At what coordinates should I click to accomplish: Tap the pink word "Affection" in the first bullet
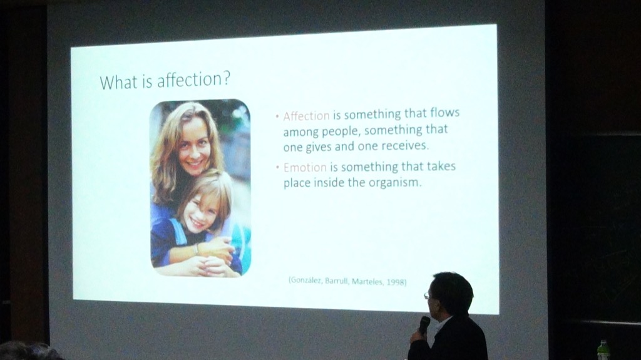pyautogui.click(x=306, y=116)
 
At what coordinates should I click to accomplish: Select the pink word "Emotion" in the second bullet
pyautogui.click(x=305, y=167)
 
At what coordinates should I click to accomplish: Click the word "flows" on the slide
pyautogui.click(x=445, y=113)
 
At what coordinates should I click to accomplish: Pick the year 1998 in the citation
pyautogui.click(x=395, y=282)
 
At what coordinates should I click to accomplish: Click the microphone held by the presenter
pyautogui.click(x=424, y=324)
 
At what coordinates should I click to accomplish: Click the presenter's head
pyautogui.click(x=451, y=293)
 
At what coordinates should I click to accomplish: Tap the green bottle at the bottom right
pyautogui.click(x=603, y=350)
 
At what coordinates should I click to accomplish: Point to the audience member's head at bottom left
pyautogui.click(x=28, y=352)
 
